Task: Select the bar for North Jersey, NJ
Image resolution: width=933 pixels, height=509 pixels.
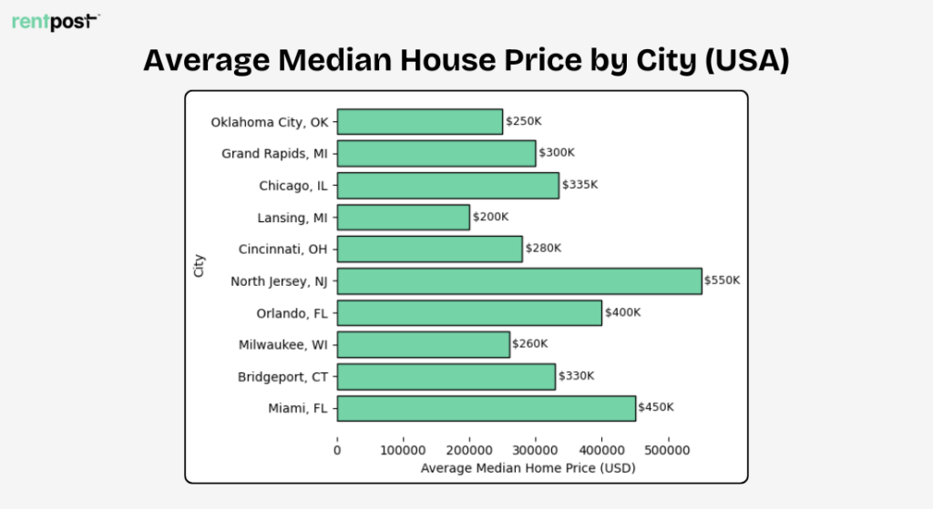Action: (x=518, y=280)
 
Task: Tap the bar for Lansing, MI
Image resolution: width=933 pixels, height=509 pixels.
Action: (x=403, y=217)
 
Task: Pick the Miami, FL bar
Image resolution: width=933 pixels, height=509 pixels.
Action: (x=486, y=408)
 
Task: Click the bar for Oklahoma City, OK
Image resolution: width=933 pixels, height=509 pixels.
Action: (x=419, y=121)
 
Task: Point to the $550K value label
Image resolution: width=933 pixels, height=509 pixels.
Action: (x=723, y=280)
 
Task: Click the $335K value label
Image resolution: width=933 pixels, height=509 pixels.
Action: (x=580, y=185)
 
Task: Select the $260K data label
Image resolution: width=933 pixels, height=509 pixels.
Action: (x=530, y=344)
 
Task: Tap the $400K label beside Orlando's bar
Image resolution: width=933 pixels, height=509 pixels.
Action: (x=622, y=312)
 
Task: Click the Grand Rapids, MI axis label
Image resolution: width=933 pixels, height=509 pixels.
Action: (x=273, y=153)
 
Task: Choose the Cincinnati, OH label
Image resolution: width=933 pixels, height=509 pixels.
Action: (x=282, y=249)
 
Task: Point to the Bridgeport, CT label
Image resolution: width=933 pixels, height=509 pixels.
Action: (x=282, y=376)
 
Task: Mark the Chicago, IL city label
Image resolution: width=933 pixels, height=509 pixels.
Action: (x=292, y=185)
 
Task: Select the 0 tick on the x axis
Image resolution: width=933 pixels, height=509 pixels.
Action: (x=337, y=450)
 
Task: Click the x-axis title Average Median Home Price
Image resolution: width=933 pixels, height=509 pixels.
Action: (x=528, y=468)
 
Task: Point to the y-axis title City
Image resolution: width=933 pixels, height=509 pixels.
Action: (x=199, y=265)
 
